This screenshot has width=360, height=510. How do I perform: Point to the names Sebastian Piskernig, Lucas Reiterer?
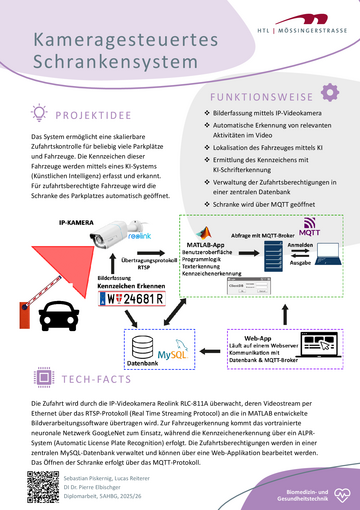tap(120, 469)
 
